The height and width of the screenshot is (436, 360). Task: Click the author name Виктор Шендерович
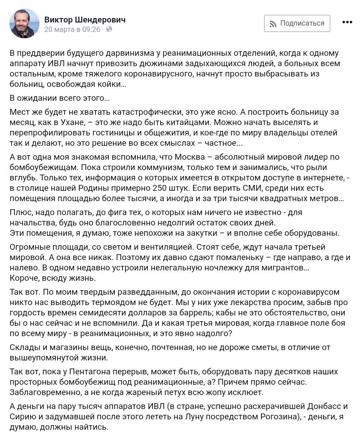tap(85, 19)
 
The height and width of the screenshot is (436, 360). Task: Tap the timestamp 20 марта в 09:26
tap(72, 30)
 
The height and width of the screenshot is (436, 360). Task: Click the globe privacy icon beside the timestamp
tap(109, 30)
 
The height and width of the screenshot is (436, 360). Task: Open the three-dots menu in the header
tap(347, 22)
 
